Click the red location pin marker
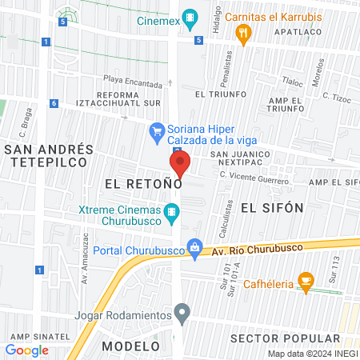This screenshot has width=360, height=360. (179, 164)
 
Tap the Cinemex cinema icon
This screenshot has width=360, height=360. (190, 16)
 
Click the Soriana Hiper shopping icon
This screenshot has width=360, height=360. (158, 130)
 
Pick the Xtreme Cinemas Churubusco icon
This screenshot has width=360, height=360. (171, 212)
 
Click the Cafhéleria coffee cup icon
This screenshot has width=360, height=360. (305, 280)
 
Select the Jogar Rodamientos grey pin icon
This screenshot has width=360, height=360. (183, 312)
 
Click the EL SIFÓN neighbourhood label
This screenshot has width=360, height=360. (272, 207)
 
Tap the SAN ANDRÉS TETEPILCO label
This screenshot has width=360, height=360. (50, 155)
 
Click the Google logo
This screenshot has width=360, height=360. (26, 350)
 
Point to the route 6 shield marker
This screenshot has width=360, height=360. (53, 103)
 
